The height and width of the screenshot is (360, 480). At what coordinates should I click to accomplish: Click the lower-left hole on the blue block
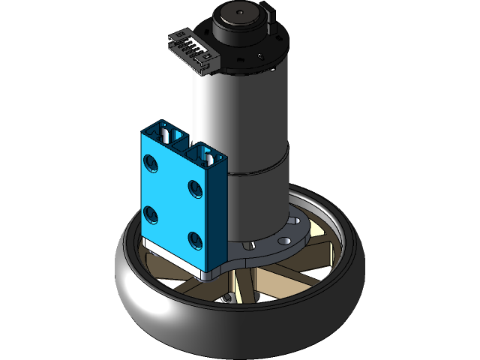coord(153,216)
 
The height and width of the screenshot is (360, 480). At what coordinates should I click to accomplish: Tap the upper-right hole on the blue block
coord(195,187)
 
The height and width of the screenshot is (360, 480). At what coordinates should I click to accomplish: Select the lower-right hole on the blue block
coord(196,240)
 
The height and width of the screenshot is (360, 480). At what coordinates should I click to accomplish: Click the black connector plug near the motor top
coord(187,51)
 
